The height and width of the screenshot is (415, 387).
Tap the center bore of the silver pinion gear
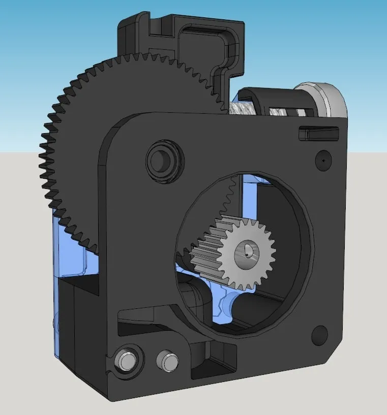pos(248,251)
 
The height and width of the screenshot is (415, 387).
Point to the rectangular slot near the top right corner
pos(317,133)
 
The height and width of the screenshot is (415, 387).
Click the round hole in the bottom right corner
pos(319,335)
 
